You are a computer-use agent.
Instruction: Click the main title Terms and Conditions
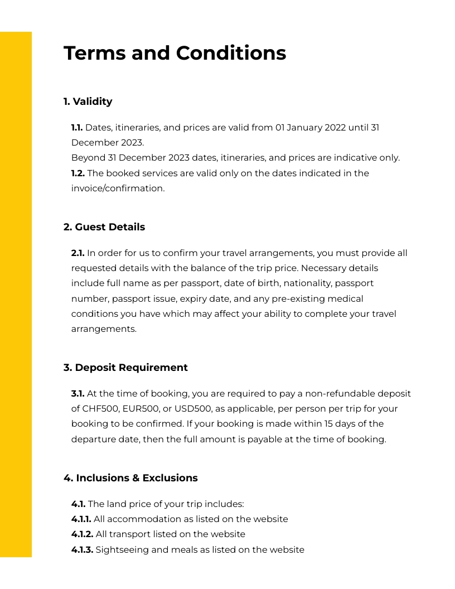click(175, 54)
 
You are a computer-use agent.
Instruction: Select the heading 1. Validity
click(88, 102)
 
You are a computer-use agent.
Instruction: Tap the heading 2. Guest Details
click(104, 227)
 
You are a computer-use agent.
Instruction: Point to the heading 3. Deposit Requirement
click(125, 368)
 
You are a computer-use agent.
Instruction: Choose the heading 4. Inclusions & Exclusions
click(130, 478)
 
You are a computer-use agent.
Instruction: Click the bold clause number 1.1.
click(77, 128)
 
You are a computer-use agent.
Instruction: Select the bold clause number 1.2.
click(78, 173)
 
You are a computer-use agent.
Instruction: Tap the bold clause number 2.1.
click(78, 253)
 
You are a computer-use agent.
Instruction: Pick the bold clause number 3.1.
click(78, 394)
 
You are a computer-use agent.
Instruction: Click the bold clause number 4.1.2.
click(83, 534)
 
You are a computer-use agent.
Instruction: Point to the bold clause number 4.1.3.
click(83, 550)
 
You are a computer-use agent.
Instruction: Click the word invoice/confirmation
click(118, 189)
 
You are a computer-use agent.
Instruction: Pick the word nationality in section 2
click(305, 283)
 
